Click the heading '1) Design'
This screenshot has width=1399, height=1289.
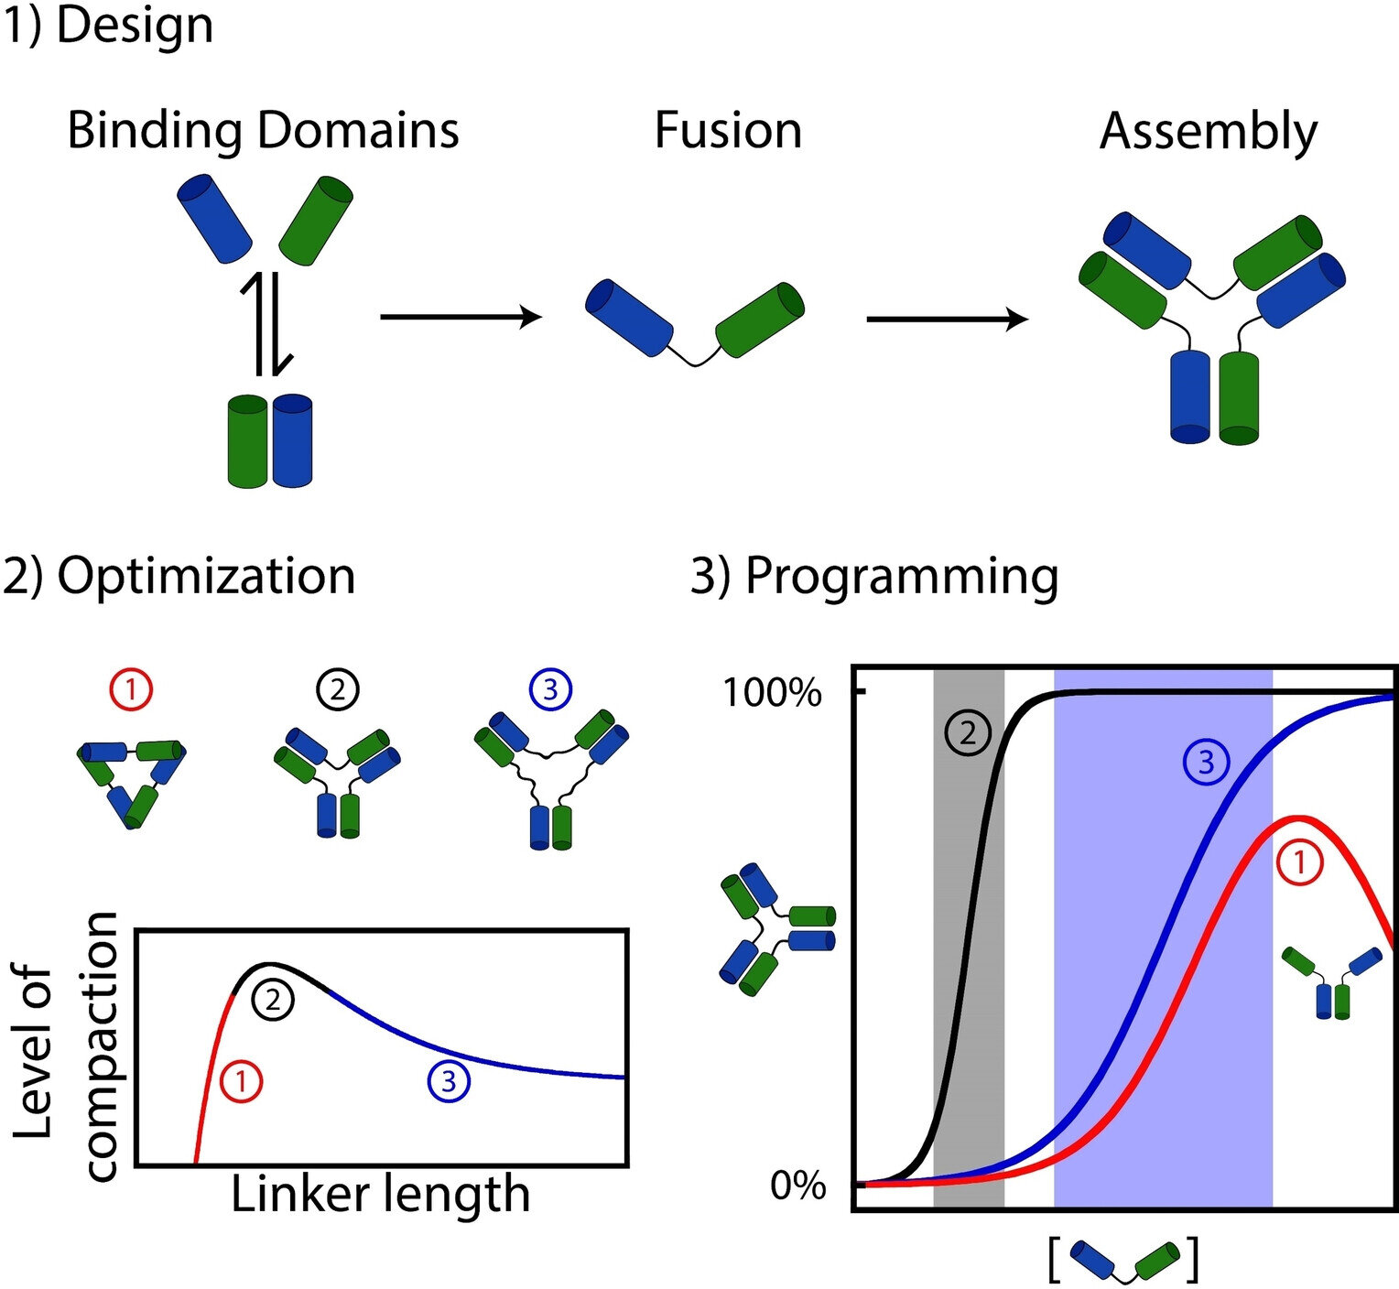coord(108,26)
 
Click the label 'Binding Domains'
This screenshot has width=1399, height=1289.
coord(263,130)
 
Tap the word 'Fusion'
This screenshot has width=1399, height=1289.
coord(728,130)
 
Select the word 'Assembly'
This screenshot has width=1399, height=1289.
coord(1208,132)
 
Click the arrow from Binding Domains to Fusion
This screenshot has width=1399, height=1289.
coord(461,317)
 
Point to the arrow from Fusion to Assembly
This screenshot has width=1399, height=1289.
coord(947,320)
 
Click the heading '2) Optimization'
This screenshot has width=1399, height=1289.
coord(179,577)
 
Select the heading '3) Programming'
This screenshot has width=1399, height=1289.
coord(874,577)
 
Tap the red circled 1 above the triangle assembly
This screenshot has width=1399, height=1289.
coord(131,689)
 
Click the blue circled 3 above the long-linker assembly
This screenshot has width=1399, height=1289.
coord(550,689)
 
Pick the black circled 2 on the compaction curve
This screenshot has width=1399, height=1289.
coord(273,1000)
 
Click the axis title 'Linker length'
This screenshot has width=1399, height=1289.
coord(380,1194)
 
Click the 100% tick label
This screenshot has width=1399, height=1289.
coord(772,693)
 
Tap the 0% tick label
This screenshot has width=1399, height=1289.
coord(797,1186)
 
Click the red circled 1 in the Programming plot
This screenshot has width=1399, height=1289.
coord(1298,864)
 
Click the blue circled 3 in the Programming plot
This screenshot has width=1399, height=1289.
coord(1205,763)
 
